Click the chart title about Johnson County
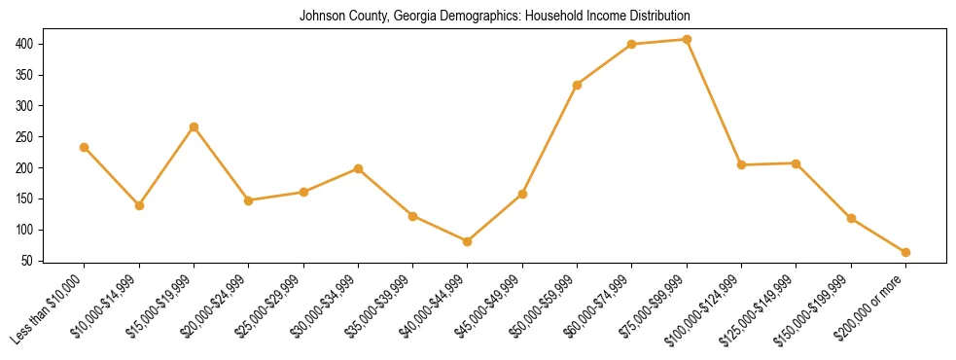click(494, 17)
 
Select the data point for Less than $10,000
click(85, 147)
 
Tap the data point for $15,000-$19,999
click(194, 126)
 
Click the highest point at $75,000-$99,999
click(687, 40)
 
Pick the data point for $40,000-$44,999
click(468, 241)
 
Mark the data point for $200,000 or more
click(905, 252)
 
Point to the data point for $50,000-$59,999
click(578, 85)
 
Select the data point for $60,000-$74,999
click(632, 44)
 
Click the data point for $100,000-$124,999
click(742, 164)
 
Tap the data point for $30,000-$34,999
click(359, 168)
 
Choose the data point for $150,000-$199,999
click(851, 218)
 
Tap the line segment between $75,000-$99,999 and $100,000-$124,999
click(715, 102)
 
